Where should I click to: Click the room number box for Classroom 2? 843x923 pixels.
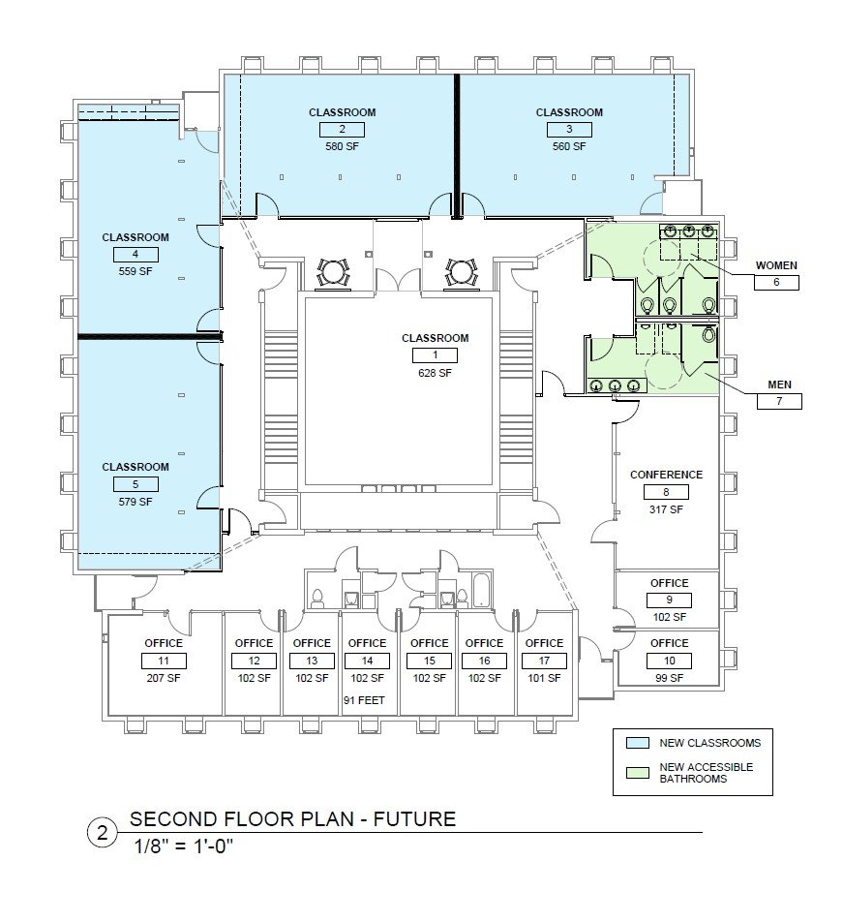coord(342,130)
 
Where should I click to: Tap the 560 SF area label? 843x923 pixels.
coord(569,146)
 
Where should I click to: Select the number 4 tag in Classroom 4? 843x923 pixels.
coord(135,255)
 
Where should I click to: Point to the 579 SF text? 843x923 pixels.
coord(135,502)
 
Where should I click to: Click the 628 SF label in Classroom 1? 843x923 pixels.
coord(435,373)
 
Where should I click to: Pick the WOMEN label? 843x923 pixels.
coord(776,265)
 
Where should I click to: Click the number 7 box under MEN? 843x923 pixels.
coord(779,402)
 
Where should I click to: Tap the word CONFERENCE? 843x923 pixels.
coord(666,475)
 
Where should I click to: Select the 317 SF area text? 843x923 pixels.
coord(666,509)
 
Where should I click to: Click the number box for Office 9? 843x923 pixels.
coord(669,600)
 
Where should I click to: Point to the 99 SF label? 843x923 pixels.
coord(670,678)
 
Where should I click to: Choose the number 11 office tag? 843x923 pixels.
coord(164,661)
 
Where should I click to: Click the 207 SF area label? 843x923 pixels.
coord(164,678)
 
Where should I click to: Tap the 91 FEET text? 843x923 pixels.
coord(364,700)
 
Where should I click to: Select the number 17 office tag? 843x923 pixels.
coord(544,661)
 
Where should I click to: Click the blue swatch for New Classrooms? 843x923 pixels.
coord(638,743)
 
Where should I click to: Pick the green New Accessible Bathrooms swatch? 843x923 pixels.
coord(638,772)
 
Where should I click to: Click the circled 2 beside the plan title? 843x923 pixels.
coord(103,833)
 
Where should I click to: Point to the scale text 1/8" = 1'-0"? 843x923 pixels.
coord(184,846)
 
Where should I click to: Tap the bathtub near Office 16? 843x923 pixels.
coord(481,589)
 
